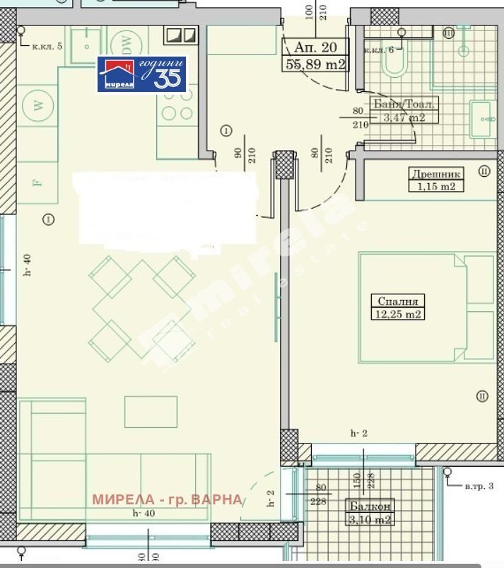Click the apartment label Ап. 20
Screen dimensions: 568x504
[x=315, y=47]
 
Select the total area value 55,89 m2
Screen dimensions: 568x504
[x=315, y=64]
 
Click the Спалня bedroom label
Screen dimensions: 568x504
[x=397, y=300]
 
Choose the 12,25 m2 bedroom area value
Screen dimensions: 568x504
[x=397, y=313]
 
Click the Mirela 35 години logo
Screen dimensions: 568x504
[x=141, y=74]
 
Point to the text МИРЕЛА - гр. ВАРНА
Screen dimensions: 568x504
[x=167, y=499]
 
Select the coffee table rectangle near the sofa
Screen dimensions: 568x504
[x=151, y=412]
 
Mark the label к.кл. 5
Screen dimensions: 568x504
[x=47, y=46]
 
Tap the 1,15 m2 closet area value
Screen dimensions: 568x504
[x=435, y=187]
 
